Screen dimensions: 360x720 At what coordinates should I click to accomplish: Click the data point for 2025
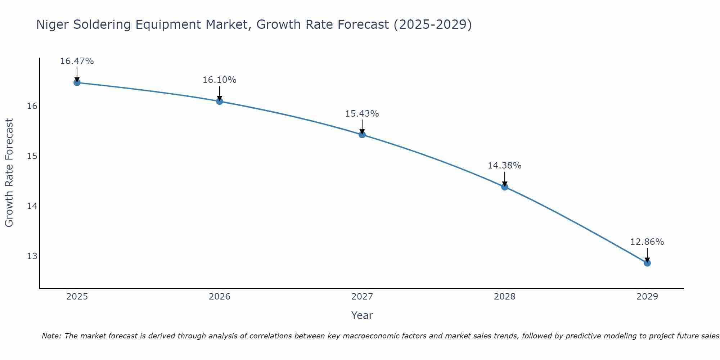tap(77, 82)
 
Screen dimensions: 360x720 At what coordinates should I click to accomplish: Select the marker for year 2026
tap(220, 101)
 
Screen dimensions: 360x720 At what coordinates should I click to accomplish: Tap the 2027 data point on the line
tap(362, 135)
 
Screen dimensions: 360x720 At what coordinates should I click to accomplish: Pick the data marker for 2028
tap(505, 187)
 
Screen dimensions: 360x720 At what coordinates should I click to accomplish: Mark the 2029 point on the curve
tap(647, 263)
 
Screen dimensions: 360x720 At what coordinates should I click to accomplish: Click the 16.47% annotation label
tap(77, 61)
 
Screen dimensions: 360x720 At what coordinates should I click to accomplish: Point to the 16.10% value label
tap(219, 80)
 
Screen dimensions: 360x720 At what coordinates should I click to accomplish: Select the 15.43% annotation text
tap(362, 114)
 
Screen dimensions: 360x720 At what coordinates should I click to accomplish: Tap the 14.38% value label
tap(504, 166)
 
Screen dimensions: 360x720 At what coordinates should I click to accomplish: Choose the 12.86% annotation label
tap(647, 242)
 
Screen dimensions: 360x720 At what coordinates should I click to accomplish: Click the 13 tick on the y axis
tap(32, 256)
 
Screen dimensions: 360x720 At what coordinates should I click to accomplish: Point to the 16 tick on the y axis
tap(32, 106)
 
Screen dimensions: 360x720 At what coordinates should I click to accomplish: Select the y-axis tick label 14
tap(32, 206)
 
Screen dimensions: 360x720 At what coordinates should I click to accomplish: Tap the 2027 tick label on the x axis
tap(362, 297)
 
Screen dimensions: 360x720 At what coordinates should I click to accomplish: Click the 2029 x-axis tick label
tap(647, 297)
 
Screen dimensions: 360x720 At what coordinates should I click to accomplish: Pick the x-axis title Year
tap(362, 315)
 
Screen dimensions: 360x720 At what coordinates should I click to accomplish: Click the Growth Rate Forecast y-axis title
tap(9, 173)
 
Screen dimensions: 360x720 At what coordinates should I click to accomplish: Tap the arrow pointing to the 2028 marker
tap(505, 179)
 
